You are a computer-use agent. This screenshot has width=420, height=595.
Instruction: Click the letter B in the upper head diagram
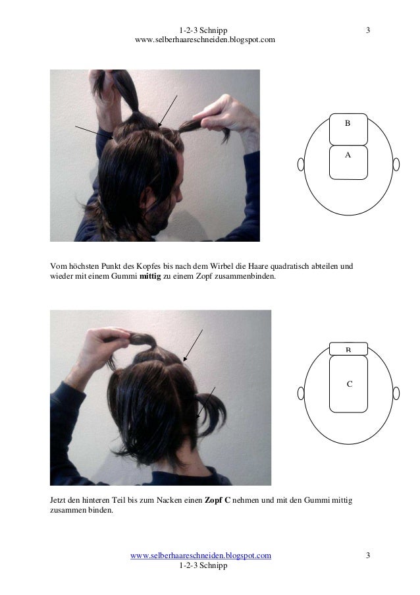coord(347,123)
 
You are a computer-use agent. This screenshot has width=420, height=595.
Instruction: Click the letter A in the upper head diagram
coord(348,155)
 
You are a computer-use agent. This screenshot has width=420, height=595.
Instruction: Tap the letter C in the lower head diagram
coord(350,384)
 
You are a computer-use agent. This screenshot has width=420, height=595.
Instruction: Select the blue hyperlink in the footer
coord(201,555)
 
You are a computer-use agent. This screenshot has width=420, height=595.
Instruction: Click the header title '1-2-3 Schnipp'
coord(203,30)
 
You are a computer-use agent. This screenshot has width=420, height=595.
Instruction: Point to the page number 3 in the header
coord(368,30)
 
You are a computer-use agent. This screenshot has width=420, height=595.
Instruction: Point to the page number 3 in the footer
coord(368,555)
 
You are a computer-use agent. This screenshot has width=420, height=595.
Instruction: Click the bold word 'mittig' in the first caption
coord(150,276)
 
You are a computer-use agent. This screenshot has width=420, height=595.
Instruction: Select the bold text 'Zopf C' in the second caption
coord(218,500)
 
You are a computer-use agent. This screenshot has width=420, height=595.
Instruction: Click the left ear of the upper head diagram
coord(301,165)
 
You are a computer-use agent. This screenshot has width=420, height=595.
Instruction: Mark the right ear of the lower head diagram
coord(396,393)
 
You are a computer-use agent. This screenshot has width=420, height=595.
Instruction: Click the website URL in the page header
coord(205,40)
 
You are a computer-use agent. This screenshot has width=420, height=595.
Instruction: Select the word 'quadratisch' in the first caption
coord(290,266)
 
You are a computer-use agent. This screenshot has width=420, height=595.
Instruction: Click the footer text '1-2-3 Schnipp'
coord(203,565)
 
